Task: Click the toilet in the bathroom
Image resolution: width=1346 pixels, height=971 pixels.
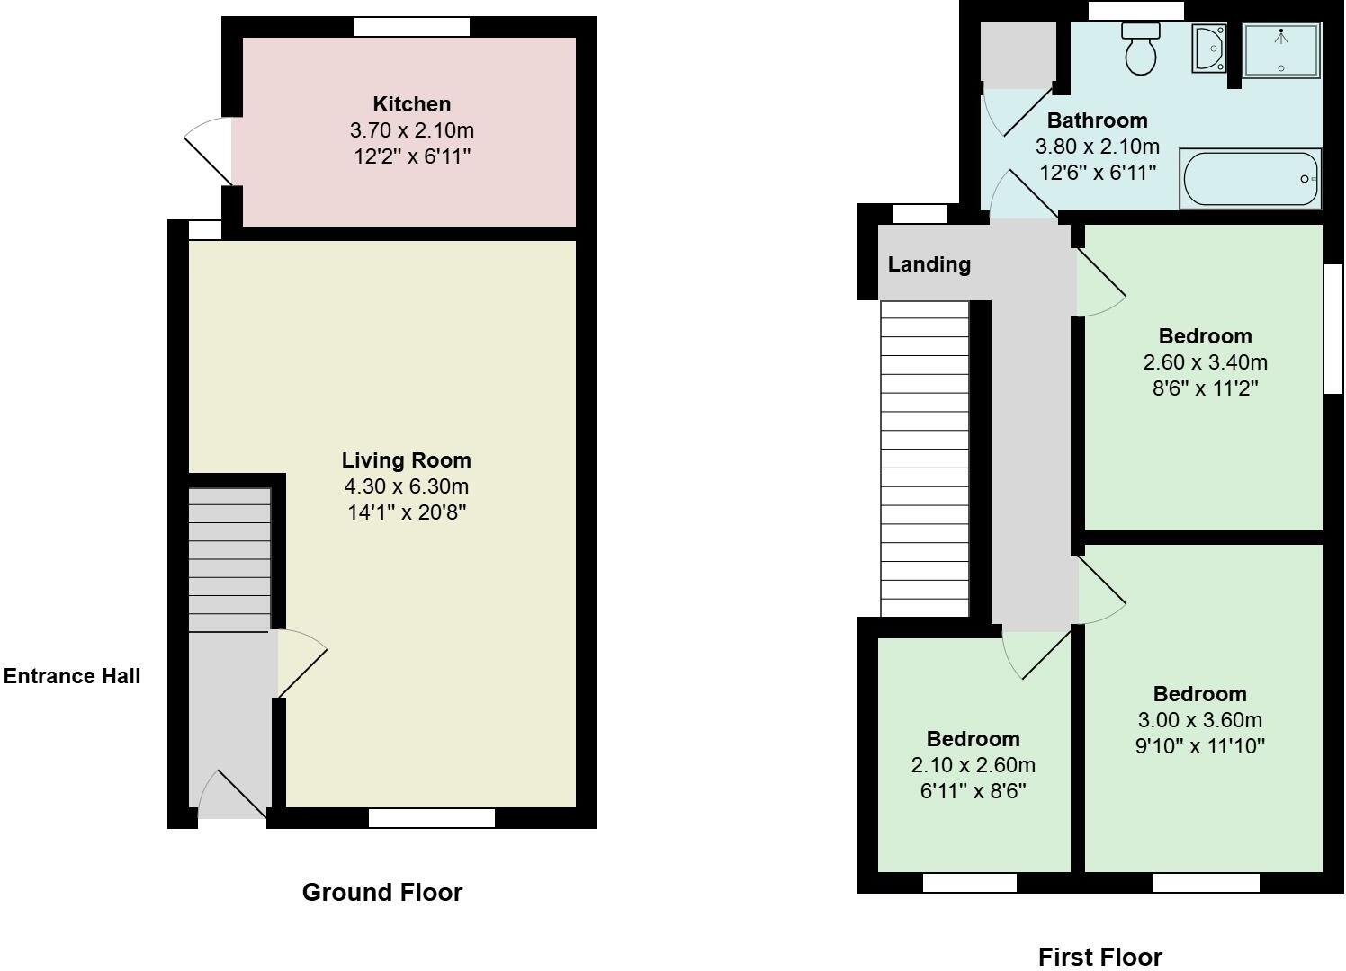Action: pos(1141,49)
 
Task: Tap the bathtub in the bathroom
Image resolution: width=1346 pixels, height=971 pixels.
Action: pos(1250,179)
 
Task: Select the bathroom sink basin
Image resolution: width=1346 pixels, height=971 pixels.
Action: pos(1208,48)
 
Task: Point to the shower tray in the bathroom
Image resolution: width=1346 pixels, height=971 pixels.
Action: pos(1281,49)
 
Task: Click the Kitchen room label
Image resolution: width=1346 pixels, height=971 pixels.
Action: pos(411,104)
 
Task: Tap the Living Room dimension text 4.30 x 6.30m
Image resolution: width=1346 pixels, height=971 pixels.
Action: pos(406,486)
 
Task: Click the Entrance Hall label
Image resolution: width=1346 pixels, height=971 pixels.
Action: pos(72,676)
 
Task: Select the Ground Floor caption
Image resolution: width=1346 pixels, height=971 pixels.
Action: pos(381,892)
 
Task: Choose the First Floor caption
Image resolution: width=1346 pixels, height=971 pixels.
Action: pos(1099,957)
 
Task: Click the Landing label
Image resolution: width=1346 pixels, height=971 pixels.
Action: pos(929,264)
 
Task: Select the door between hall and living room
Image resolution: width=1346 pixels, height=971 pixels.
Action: pos(301,664)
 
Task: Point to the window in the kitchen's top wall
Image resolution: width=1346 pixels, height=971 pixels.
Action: pos(411,27)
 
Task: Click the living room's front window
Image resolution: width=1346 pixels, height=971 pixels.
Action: pos(431,818)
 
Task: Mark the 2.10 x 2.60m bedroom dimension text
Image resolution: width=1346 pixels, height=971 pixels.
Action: pos(973,765)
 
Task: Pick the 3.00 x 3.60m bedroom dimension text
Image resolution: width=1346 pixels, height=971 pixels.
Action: pos(1199,720)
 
